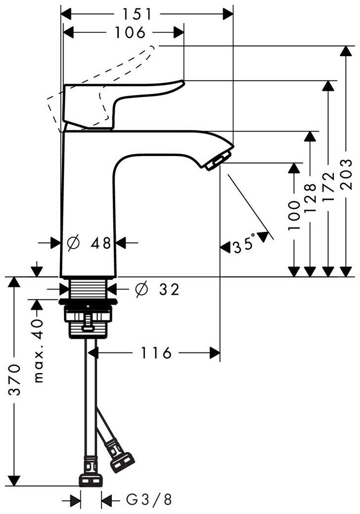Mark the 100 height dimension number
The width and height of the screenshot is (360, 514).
coord(294,216)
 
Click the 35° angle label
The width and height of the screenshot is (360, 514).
coord(245,245)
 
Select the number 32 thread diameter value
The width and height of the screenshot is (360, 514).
coord(169,289)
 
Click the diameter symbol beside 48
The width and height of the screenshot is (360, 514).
coord(72,242)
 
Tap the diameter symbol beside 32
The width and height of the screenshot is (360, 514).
coord(141,289)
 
